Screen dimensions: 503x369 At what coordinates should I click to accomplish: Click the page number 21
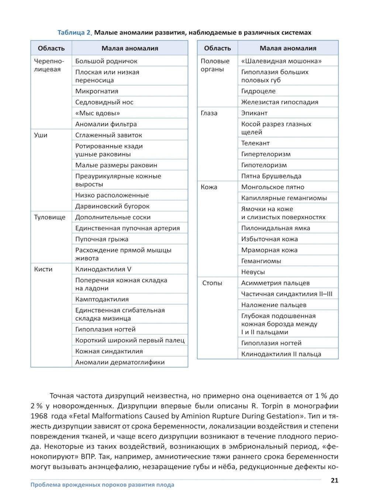334,480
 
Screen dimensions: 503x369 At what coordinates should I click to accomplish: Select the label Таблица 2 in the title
74,32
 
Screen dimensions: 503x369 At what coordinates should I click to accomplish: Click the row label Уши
41,135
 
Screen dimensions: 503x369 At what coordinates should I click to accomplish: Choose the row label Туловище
49,217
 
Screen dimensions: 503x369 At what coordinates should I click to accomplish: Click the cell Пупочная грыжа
102,239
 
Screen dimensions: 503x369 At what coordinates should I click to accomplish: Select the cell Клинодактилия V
103,269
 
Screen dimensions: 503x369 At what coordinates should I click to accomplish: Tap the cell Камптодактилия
102,299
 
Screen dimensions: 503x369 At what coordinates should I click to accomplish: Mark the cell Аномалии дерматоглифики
120,362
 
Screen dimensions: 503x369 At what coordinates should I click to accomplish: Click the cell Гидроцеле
258,91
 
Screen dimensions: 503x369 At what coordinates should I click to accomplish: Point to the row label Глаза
209,113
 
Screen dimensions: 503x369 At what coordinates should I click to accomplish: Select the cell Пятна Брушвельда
271,176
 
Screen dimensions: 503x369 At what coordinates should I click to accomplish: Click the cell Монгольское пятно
273,187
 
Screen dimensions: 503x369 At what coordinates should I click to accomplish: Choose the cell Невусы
253,272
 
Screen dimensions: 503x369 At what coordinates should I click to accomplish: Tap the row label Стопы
212,283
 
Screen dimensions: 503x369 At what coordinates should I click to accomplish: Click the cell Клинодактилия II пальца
281,354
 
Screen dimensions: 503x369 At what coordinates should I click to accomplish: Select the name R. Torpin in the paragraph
270,406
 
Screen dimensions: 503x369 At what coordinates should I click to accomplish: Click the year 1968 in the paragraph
39,416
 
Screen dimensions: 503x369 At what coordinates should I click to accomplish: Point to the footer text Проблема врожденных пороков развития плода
102,485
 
